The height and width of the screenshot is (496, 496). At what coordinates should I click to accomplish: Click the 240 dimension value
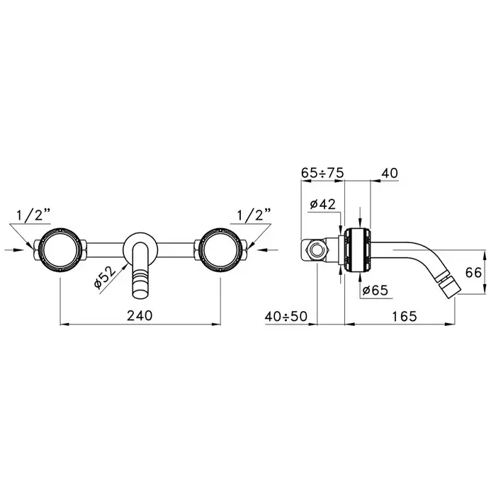[x=140, y=315]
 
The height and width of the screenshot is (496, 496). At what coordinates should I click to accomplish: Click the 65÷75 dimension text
[x=322, y=173]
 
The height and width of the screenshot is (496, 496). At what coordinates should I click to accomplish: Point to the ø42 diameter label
[x=322, y=204]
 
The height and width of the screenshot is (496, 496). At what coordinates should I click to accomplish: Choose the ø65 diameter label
[x=375, y=290]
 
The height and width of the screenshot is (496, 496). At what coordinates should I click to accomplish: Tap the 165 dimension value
[x=405, y=316]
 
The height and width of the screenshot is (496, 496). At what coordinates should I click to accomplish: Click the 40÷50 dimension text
[x=286, y=316]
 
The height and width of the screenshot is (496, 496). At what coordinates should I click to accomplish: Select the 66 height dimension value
[x=473, y=272]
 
